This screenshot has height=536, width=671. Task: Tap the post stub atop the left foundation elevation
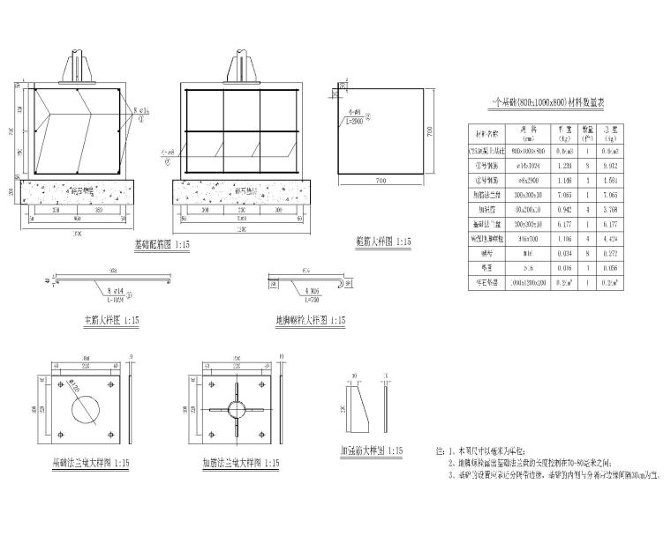77,68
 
